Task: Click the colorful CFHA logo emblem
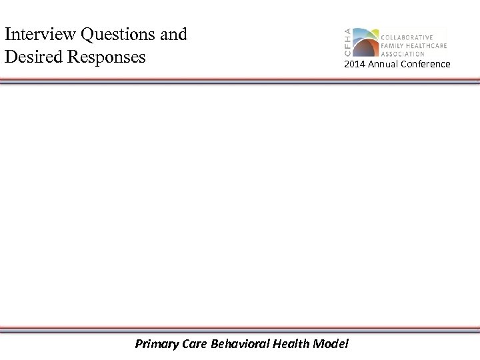tap(364, 43)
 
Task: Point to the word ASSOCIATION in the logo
tap(403, 54)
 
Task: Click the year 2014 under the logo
tap(354, 64)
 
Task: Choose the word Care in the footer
tap(193, 344)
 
